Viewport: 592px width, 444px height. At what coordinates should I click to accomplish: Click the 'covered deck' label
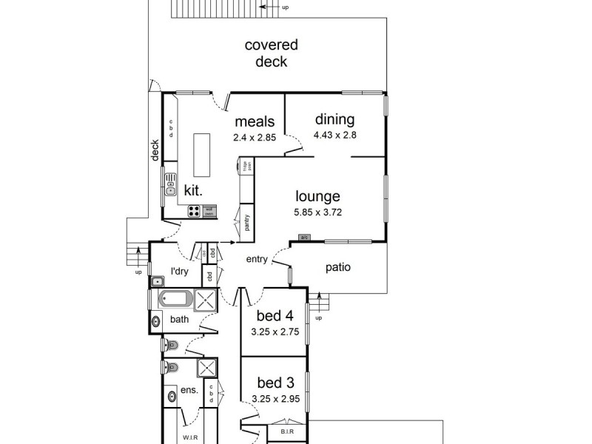pos(266,54)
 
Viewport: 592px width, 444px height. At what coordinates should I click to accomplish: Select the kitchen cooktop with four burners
pos(193,212)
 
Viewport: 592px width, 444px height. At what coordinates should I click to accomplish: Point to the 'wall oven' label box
pos(209,212)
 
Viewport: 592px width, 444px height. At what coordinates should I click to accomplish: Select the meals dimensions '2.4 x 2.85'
pos(255,138)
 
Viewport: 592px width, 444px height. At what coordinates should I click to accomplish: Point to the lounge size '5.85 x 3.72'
pos(317,212)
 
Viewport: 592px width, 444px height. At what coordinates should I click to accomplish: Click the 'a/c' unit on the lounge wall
pos(303,238)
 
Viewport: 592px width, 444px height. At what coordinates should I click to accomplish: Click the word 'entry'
pos(257,259)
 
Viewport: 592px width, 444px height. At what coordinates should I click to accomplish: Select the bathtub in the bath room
pos(175,300)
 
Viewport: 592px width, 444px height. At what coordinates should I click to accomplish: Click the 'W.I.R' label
pos(189,437)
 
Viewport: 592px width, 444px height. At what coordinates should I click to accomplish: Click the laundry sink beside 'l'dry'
pos(158,282)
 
